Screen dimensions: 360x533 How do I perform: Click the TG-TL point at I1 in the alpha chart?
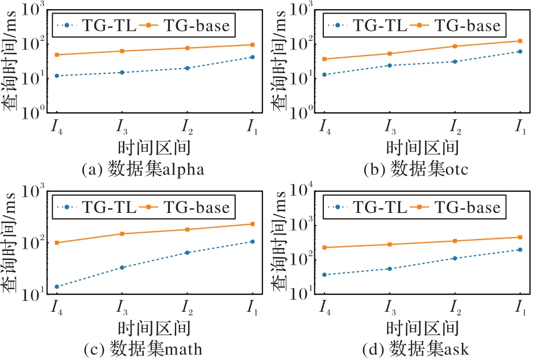tap(252, 57)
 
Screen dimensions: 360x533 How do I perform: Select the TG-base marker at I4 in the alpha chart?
tap(56, 55)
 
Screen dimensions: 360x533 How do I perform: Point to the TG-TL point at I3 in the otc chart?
tap(389, 65)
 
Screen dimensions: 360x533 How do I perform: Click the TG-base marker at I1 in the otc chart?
tap(520, 41)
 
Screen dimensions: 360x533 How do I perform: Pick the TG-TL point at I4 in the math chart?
tap(56, 287)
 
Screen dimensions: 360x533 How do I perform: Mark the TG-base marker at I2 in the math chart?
tap(187, 229)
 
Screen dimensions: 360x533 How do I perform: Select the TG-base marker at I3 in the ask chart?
tap(389, 244)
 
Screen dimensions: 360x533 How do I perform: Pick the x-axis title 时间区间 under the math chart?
tap(153, 328)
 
